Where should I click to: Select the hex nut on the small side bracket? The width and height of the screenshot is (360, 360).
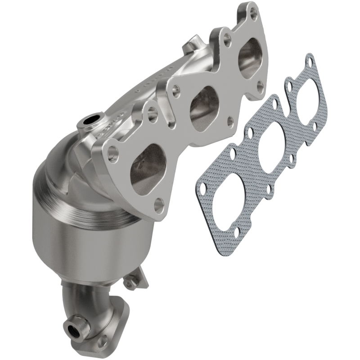(130, 284)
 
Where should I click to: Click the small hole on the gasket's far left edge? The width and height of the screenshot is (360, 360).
(202, 187)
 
